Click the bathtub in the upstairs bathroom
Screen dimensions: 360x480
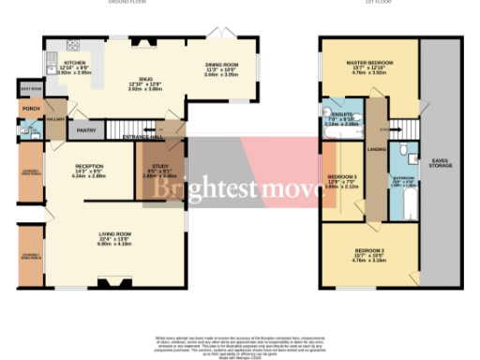[x=407, y=202]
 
